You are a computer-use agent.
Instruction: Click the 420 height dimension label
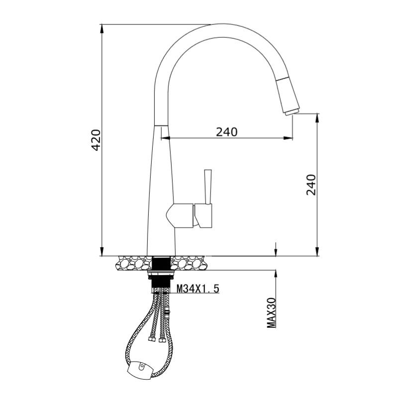click(x=97, y=140)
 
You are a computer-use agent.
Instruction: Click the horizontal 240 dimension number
click(x=227, y=132)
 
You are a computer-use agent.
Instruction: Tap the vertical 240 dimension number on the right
click(x=311, y=185)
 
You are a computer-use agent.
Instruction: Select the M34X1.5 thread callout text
click(x=198, y=289)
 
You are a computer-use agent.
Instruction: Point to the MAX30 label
click(x=271, y=313)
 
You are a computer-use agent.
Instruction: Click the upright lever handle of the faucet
click(x=208, y=187)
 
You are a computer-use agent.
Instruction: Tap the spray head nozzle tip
click(x=293, y=111)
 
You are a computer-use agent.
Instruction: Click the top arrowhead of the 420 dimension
click(x=102, y=28)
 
